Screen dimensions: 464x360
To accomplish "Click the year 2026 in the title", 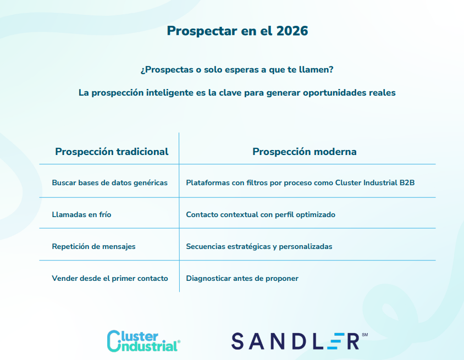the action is point(292,31).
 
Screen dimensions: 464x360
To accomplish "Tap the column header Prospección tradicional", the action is point(112,152).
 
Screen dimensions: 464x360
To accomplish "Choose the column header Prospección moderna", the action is point(304,152).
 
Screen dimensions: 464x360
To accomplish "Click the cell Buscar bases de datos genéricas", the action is point(109,183).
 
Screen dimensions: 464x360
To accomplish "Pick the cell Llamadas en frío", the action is point(81,214).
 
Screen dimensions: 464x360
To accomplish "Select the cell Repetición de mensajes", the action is point(93,246).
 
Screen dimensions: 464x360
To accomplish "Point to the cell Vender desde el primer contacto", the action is point(110,278).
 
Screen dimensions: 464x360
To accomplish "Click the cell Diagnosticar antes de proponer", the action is point(242,278).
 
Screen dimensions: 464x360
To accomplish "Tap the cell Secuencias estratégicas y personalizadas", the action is point(259,246).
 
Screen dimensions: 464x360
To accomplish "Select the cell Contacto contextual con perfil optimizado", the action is point(261,214).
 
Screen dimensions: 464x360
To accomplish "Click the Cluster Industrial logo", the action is point(143,341).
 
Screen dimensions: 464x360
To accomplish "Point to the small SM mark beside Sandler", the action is point(365,335).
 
